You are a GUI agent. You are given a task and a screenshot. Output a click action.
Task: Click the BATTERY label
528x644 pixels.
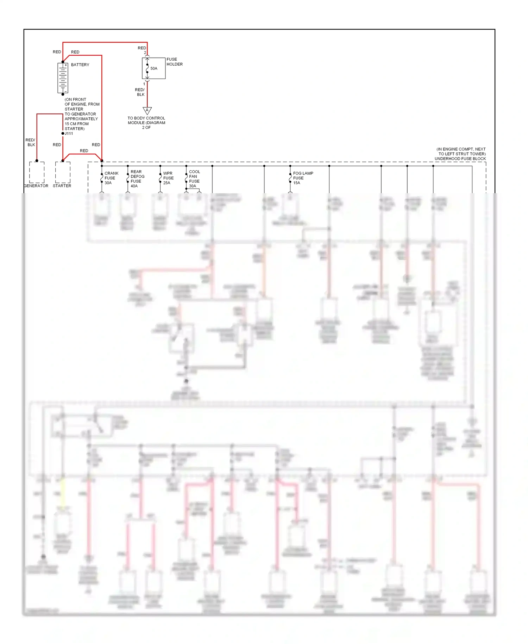80,65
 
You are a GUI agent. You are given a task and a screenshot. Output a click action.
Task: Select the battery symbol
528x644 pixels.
63,78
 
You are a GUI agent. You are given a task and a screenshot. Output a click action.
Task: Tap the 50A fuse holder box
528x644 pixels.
154,68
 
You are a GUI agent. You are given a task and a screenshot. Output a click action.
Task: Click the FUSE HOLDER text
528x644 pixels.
174,62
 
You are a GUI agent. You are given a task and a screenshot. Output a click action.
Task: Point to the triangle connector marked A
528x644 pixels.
147,110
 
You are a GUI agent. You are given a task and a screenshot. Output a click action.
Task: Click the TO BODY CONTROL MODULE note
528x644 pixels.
146,123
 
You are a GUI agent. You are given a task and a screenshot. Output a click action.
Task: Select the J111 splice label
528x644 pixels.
69,134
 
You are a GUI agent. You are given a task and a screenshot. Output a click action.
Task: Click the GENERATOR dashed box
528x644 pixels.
37,172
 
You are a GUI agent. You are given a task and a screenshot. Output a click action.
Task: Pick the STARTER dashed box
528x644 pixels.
63,172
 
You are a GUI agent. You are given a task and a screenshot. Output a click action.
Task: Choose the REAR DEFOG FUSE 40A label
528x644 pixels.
137,179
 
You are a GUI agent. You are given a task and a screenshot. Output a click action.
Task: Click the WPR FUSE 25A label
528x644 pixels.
168,178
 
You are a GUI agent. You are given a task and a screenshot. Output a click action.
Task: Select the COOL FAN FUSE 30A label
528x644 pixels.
194,179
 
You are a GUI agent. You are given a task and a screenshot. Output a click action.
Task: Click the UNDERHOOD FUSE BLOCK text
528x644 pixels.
460,159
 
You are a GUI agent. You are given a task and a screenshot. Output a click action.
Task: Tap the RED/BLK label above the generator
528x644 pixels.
31,142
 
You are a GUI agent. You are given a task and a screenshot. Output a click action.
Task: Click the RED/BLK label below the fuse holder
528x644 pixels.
140,92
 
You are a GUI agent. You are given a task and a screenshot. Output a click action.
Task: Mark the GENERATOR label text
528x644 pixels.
36,186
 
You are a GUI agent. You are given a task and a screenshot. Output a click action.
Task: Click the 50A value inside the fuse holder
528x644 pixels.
154,68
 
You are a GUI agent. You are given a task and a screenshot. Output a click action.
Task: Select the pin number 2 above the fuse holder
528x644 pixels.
145,53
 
